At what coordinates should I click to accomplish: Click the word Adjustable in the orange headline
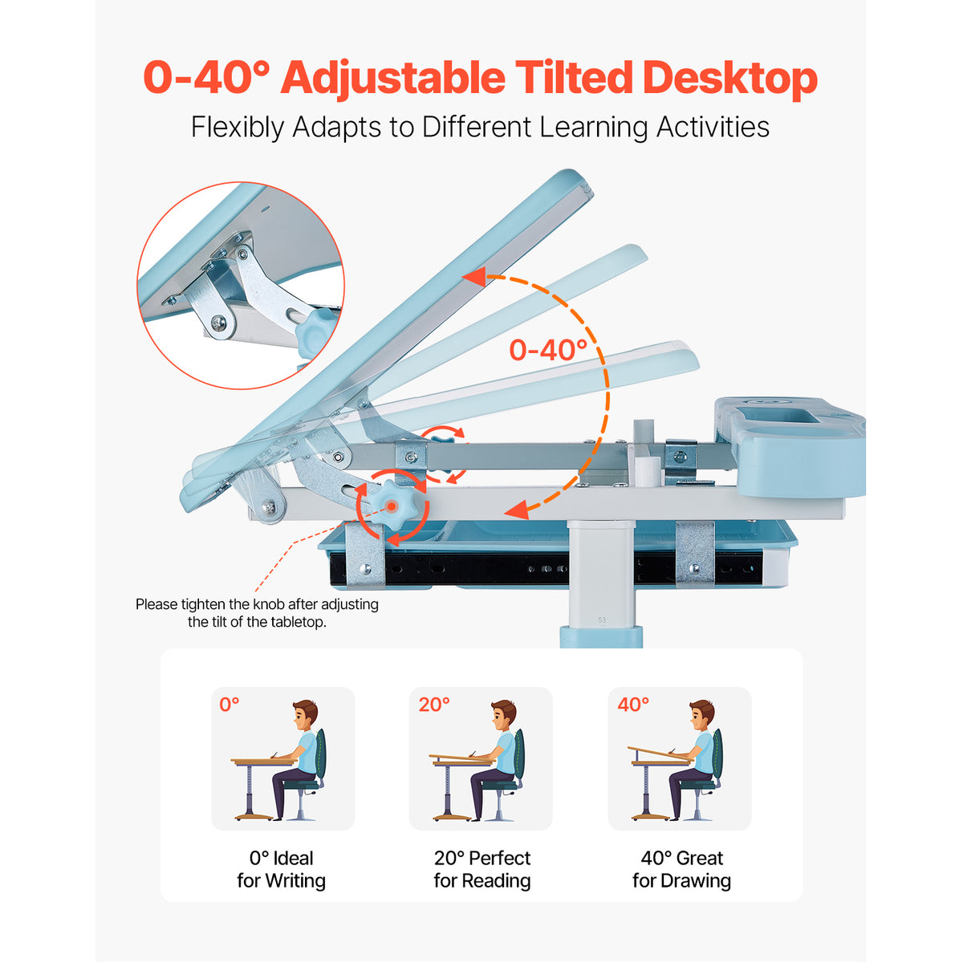392,79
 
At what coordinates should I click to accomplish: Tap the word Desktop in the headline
730,79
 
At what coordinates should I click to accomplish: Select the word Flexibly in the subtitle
238,128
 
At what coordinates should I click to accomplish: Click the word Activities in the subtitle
713,127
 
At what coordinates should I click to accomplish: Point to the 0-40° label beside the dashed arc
548,350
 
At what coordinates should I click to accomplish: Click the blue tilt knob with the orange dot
392,506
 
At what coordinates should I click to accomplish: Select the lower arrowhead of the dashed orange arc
516,510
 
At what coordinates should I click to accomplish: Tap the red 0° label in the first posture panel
230,705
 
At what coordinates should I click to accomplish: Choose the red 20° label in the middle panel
434,705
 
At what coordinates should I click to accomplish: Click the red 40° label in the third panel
633,705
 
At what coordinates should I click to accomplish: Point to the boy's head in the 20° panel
502,716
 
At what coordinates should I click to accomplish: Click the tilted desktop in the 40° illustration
660,754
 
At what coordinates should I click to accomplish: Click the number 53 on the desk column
602,620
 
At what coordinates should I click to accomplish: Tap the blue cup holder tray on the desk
790,445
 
